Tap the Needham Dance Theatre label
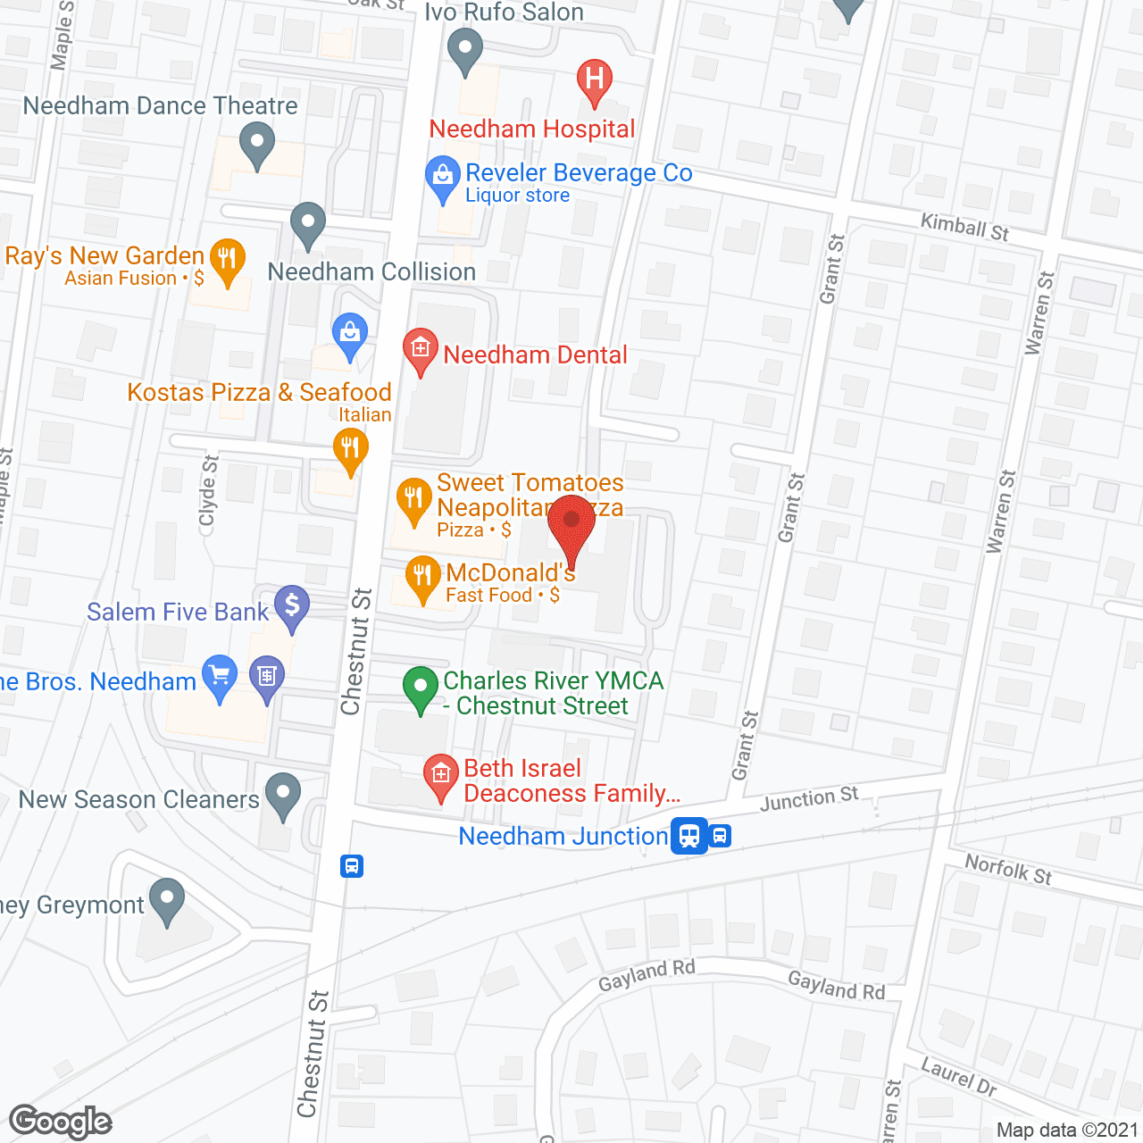(160, 105)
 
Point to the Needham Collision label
(371, 271)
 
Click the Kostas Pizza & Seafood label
(259, 392)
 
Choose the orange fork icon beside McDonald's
(422, 577)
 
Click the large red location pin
(571, 525)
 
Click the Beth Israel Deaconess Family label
(571, 780)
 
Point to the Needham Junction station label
(563, 836)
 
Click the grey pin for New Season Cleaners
(284, 793)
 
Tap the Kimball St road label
(964, 227)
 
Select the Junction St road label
(809, 798)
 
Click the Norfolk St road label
(1008, 869)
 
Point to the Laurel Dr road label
(958, 1075)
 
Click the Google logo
(60, 1122)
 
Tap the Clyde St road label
(209, 491)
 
